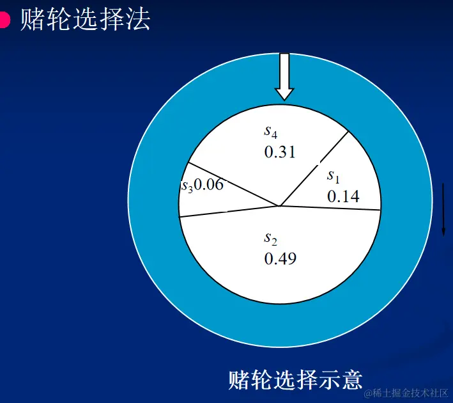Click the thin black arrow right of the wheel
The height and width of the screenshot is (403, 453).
442,209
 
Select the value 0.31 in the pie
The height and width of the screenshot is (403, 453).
280,152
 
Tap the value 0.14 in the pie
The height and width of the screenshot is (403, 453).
343,196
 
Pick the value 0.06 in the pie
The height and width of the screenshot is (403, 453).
209,186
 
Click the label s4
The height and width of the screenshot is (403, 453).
271,132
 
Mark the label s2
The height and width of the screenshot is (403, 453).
271,238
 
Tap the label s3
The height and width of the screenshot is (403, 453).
187,186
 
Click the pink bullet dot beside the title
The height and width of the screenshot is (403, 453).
4,20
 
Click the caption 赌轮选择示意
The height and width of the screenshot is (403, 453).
295,380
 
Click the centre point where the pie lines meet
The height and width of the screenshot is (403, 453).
280,206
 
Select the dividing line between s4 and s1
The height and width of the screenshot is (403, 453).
314,169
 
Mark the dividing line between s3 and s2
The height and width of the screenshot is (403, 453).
230,212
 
